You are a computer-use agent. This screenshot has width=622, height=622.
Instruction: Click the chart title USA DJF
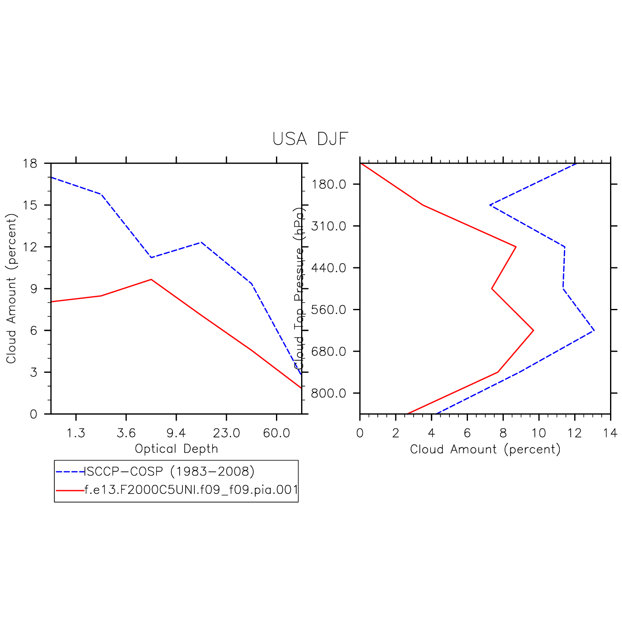310,139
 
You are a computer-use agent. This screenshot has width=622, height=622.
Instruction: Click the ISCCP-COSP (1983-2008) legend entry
169,471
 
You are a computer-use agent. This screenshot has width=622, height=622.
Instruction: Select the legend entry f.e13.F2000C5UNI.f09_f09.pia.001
191,490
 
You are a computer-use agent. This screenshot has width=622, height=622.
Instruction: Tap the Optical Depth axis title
176,449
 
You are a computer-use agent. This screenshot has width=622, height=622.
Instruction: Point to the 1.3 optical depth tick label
76,433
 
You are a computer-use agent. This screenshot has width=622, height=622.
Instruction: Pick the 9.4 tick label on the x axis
176,433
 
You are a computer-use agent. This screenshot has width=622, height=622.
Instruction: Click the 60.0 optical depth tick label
276,433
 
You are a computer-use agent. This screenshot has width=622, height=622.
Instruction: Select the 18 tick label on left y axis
30,164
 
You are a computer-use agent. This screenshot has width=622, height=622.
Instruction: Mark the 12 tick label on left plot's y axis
30,247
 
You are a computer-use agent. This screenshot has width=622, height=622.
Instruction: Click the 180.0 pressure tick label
329,185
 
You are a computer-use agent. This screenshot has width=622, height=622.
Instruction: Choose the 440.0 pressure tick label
329,268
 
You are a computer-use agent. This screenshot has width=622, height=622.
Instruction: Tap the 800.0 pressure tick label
329,393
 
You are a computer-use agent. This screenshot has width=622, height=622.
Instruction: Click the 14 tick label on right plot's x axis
610,433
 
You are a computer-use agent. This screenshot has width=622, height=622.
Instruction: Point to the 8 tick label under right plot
503,433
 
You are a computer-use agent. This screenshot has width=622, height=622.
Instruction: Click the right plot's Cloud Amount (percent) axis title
485,449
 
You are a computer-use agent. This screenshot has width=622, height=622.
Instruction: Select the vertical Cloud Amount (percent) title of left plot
11,288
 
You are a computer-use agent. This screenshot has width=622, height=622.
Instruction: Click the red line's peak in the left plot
151,279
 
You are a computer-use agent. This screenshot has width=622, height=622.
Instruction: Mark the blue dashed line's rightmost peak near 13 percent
594,330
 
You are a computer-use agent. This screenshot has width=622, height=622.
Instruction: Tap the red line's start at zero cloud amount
360,164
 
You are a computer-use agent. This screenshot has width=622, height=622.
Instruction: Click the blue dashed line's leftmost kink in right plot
490,205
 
